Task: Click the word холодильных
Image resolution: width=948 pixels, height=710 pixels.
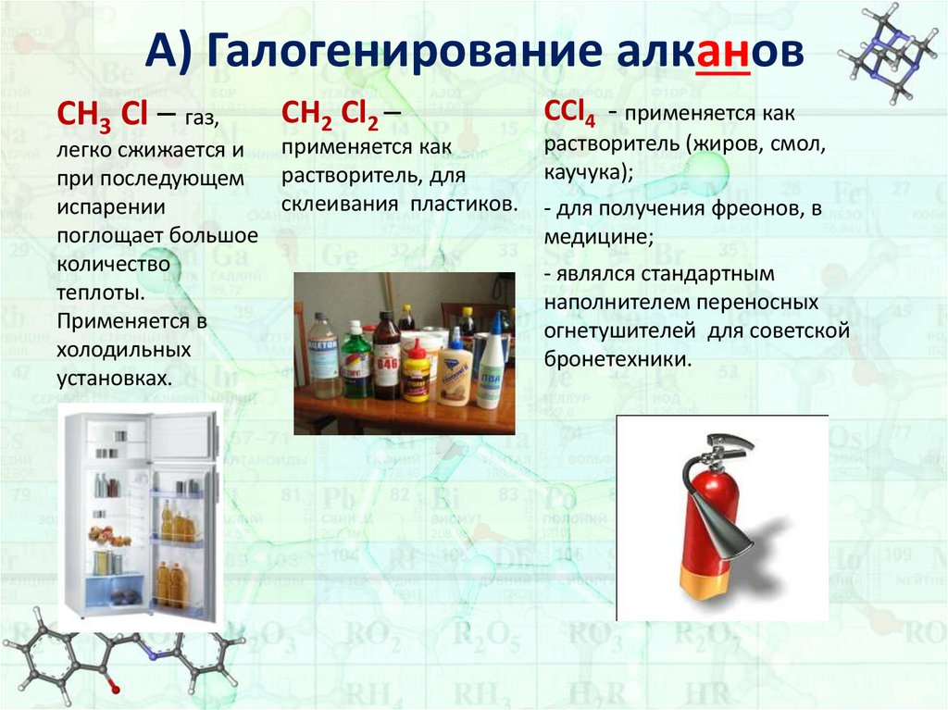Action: [x=123, y=351]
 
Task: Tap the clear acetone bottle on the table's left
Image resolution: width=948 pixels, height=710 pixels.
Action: [x=323, y=356]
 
